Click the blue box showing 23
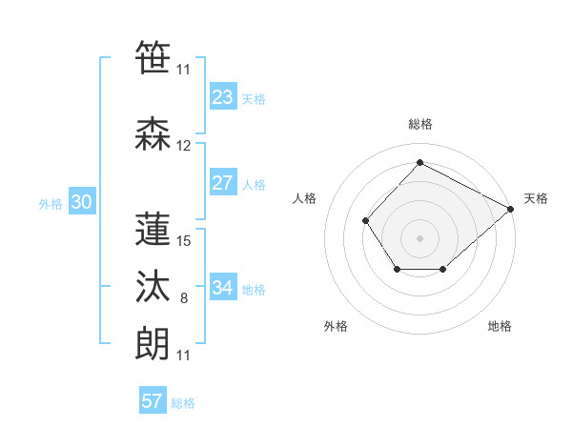point(223,97)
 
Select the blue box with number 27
point(223,183)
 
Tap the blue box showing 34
point(223,288)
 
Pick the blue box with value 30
point(81,202)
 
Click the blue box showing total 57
point(153,401)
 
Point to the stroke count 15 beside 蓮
point(185,241)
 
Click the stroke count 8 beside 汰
point(184,299)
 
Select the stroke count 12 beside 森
point(184,146)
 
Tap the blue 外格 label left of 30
point(51,203)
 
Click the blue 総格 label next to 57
point(183,403)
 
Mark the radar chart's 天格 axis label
point(536,198)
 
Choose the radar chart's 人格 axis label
point(304,198)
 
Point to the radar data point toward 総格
point(419,163)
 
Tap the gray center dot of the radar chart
point(419,237)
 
